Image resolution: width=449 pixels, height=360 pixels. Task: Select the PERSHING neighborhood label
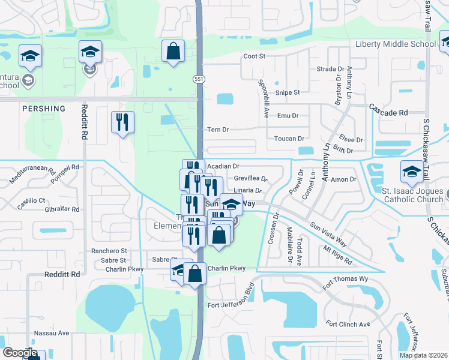(x=43, y=109)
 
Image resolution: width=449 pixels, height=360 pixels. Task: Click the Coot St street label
(x=254, y=56)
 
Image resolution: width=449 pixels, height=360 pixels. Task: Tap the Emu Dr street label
(x=288, y=116)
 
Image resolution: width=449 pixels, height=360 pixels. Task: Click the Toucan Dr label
(x=289, y=139)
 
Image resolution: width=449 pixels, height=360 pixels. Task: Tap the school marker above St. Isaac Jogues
(x=412, y=172)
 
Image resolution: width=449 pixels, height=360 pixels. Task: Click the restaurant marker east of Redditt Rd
(x=122, y=122)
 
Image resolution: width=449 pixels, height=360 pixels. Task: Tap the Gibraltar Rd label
(x=62, y=209)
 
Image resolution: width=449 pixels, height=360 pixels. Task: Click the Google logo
(x=20, y=353)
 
